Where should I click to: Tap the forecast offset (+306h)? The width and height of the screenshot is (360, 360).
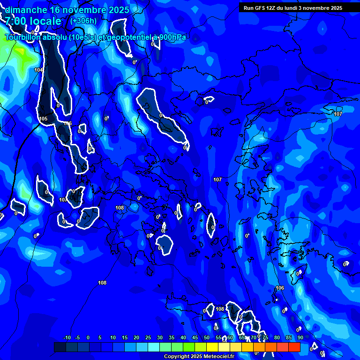pos(83,21)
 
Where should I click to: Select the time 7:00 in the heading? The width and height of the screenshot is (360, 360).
pos(15,21)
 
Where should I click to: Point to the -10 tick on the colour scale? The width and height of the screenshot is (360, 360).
pos(67,337)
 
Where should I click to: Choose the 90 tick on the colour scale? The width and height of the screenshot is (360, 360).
pos(300,337)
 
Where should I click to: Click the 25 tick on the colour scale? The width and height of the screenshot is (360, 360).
pos(148,337)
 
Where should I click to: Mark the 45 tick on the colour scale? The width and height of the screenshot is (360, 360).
pos(195,337)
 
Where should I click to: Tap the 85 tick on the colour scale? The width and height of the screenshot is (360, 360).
pos(289,337)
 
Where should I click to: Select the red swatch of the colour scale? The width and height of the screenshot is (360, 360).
pos(294,347)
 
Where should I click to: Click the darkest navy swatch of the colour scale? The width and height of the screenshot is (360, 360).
pos(60,347)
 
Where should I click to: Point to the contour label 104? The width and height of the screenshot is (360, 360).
pos(38,70)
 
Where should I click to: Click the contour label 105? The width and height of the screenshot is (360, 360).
pos(44,119)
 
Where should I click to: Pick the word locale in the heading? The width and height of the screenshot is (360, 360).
pos(45,21)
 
